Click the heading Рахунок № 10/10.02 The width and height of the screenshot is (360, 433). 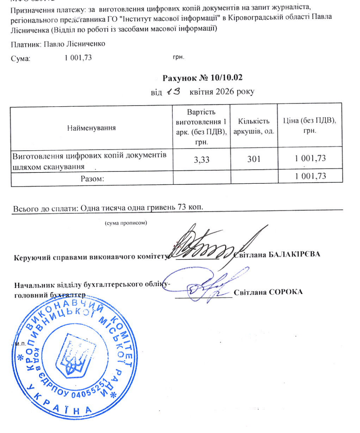point(202,78)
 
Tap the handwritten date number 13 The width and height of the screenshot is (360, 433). point(172,92)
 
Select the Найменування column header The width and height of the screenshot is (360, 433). point(91,128)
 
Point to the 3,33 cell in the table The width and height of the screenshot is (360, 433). point(202,159)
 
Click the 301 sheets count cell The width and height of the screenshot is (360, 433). point(254,159)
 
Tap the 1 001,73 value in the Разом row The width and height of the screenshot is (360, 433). point(310,177)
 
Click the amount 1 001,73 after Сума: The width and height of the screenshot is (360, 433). point(77,57)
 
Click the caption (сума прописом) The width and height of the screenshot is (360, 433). point(125,223)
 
